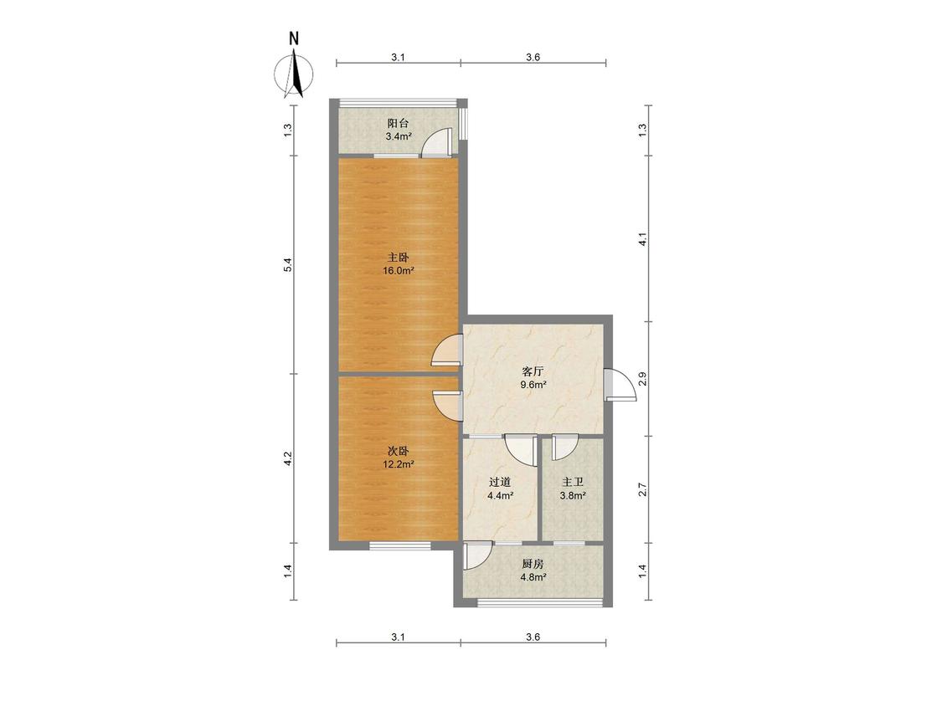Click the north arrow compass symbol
294,74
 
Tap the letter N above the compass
294,38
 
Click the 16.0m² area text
399,271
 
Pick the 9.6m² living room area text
533,385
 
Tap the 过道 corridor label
500,482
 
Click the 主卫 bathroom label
573,482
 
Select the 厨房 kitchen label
533,564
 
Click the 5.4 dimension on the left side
288,264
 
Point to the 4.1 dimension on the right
643,239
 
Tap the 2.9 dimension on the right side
643,379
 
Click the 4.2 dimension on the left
288,458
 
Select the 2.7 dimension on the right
643,489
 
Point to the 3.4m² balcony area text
399,136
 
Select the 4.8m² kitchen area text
533,577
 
